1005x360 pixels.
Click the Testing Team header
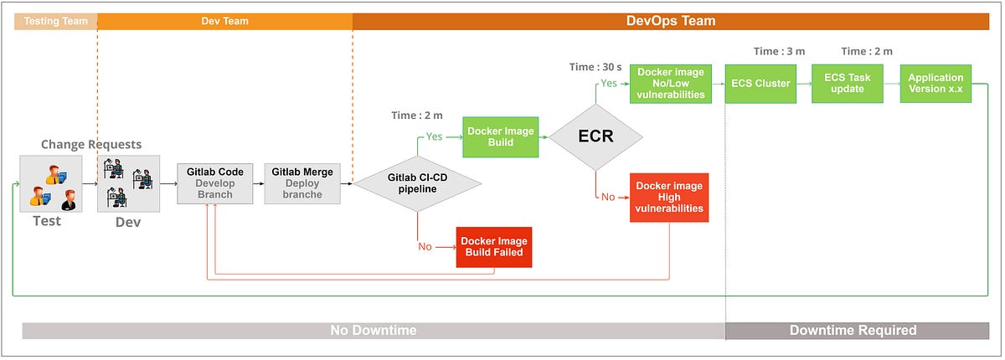(x=56, y=21)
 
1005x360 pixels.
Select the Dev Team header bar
(x=224, y=21)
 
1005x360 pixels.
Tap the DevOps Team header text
(x=671, y=21)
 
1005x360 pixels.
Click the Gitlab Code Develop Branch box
(x=215, y=183)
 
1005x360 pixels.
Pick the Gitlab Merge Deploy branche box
(x=302, y=183)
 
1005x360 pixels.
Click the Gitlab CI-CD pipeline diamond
(x=417, y=184)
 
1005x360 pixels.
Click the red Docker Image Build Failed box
(x=495, y=246)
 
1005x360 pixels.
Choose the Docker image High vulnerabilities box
(x=669, y=197)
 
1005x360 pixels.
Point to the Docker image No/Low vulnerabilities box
(x=670, y=84)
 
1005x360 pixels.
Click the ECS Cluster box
(x=760, y=84)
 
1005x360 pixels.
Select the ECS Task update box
(x=848, y=84)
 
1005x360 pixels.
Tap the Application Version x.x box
(x=935, y=84)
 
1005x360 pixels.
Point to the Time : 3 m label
(x=779, y=52)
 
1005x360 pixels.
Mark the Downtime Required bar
(x=853, y=331)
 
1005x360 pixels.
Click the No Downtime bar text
(x=373, y=331)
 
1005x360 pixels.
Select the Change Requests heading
(x=91, y=144)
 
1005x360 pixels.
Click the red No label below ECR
(x=608, y=197)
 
